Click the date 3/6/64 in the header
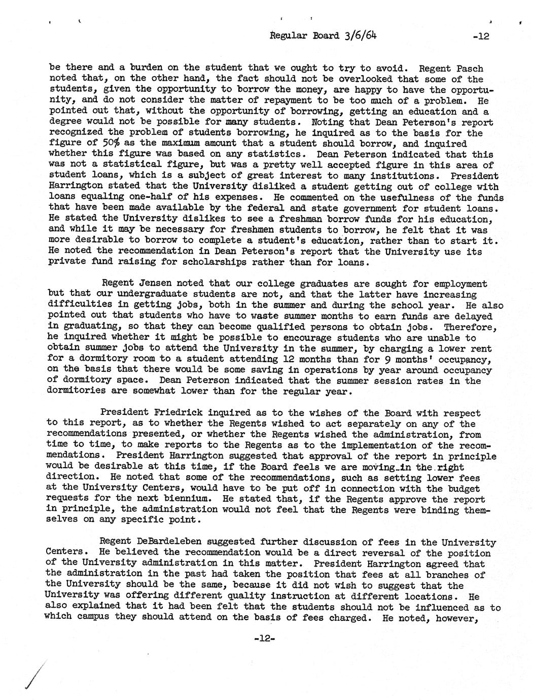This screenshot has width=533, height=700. (362, 36)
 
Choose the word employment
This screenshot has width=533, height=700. (458, 284)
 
